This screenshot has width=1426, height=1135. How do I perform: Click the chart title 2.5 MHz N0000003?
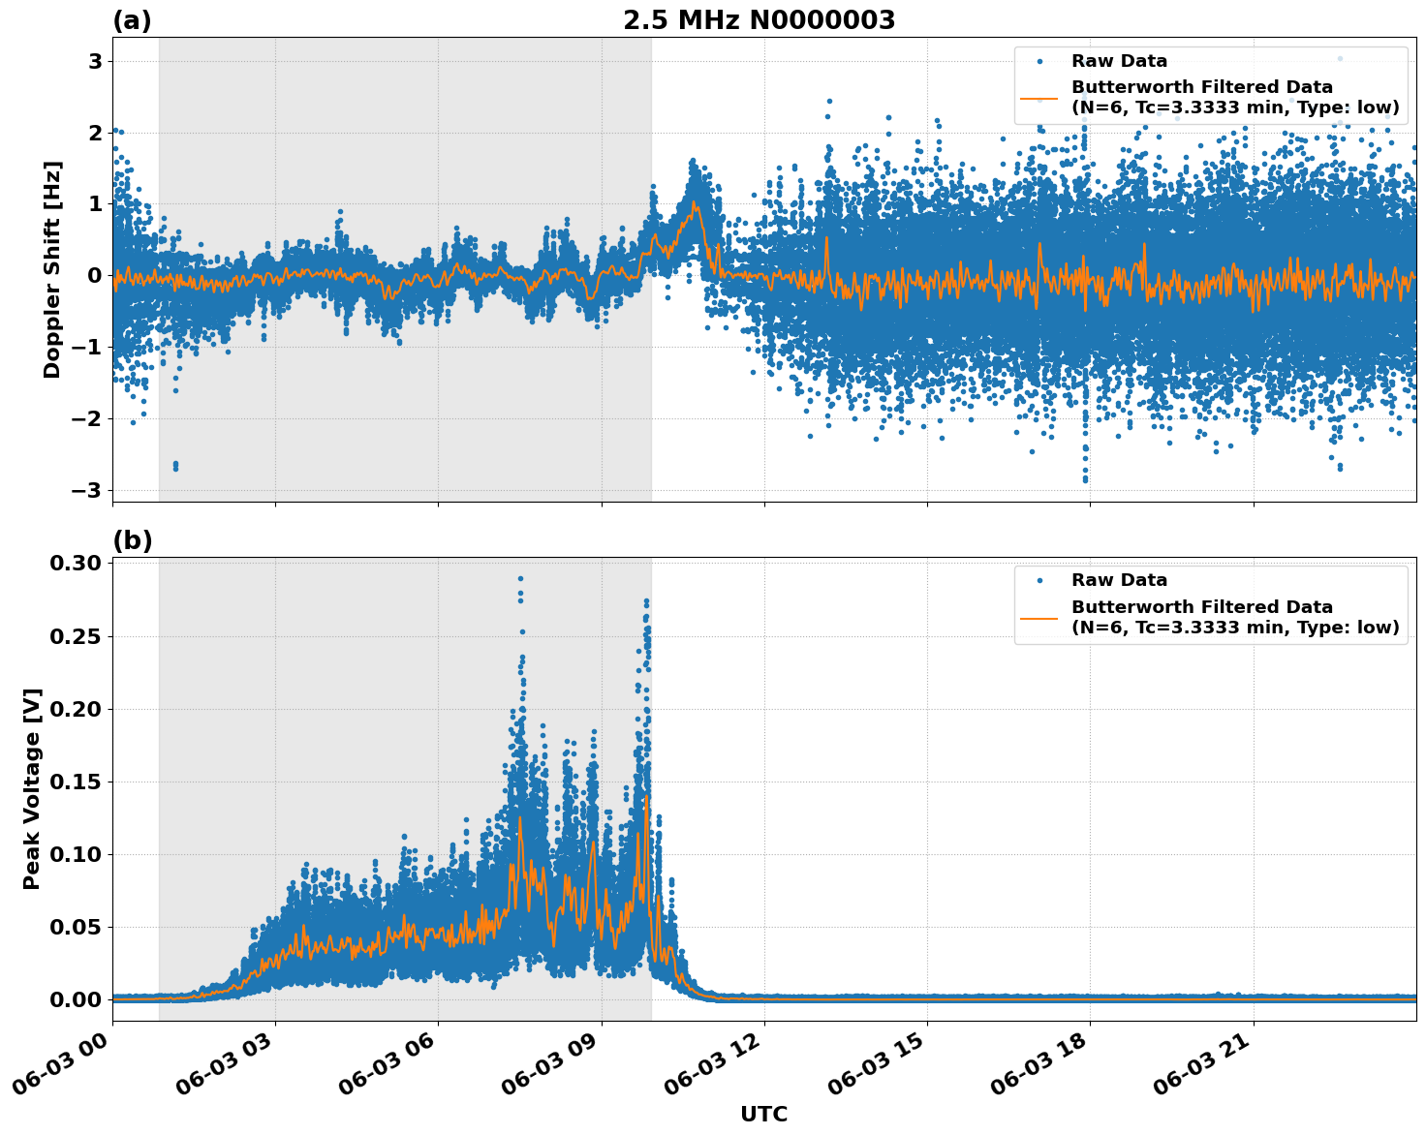pyautogui.click(x=759, y=20)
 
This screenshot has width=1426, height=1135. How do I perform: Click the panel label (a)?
pyautogui.click(x=132, y=20)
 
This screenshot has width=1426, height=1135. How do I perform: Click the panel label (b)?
pyautogui.click(x=132, y=540)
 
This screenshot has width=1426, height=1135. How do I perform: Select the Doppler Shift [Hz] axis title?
pyautogui.click(x=52, y=269)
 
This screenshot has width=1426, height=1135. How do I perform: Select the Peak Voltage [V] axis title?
pyautogui.click(x=32, y=788)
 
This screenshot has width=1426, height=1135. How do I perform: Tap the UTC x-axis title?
pyautogui.click(x=763, y=1114)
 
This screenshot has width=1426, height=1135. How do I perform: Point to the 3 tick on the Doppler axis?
pyautogui.click(x=95, y=61)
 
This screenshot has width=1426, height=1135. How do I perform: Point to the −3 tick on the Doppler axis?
pyautogui.click(x=87, y=490)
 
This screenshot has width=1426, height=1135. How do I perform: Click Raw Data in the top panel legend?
pyautogui.click(x=1119, y=61)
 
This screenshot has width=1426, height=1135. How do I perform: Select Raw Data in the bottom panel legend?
pyautogui.click(x=1119, y=580)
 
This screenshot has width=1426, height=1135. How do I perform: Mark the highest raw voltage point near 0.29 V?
pyautogui.click(x=520, y=579)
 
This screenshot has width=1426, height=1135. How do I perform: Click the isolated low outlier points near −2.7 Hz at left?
pyautogui.click(x=175, y=466)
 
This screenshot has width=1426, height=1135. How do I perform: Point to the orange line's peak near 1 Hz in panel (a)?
pyautogui.click(x=694, y=203)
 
